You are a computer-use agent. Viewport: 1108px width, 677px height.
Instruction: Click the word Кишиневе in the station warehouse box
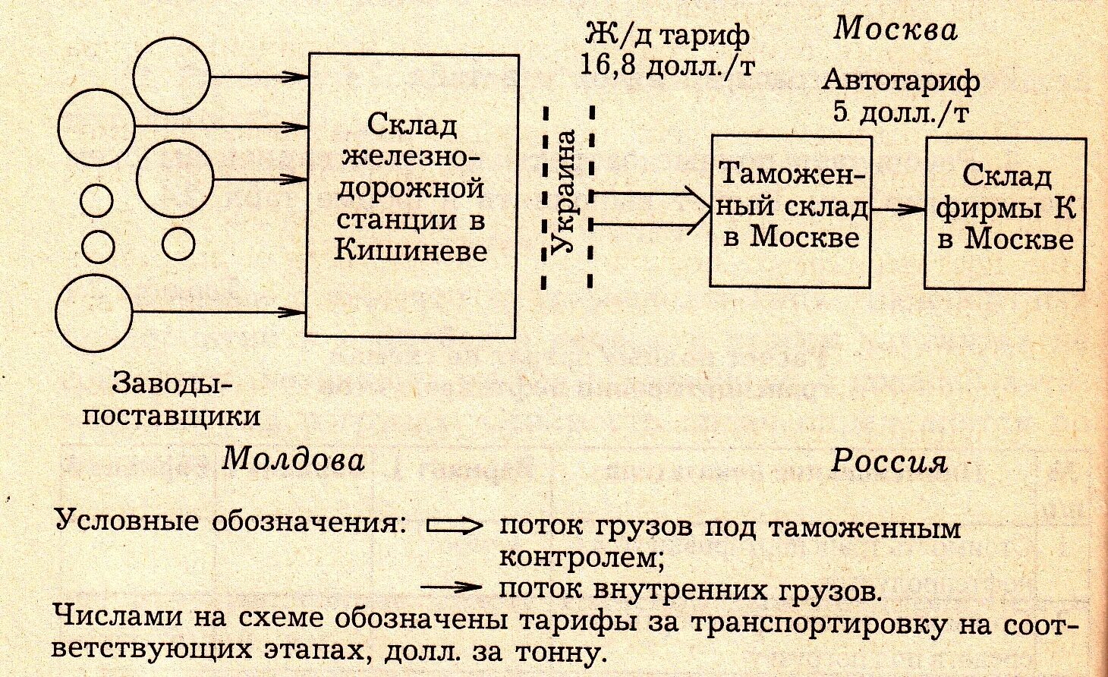[411, 250]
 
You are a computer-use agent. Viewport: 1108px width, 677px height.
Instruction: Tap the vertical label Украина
[568, 191]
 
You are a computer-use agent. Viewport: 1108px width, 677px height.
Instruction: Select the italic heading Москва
[895, 29]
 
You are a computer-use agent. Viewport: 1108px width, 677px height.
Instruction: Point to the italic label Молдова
[293, 458]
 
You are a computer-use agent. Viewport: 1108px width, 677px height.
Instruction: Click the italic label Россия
[889, 461]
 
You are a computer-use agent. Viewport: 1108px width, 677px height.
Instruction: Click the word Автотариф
[901, 80]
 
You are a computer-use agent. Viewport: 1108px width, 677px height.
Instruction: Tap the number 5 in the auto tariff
[839, 112]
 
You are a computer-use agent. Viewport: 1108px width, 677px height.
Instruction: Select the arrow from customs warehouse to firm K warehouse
[897, 208]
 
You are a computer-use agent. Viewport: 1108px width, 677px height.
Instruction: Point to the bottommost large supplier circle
[95, 312]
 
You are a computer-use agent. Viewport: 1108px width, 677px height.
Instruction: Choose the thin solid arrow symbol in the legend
[452, 587]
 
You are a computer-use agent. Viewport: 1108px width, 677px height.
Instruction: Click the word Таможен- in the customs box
[792, 175]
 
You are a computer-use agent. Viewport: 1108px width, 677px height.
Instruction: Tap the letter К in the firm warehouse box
[1065, 207]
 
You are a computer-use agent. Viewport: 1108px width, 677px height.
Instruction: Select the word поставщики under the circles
[171, 416]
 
